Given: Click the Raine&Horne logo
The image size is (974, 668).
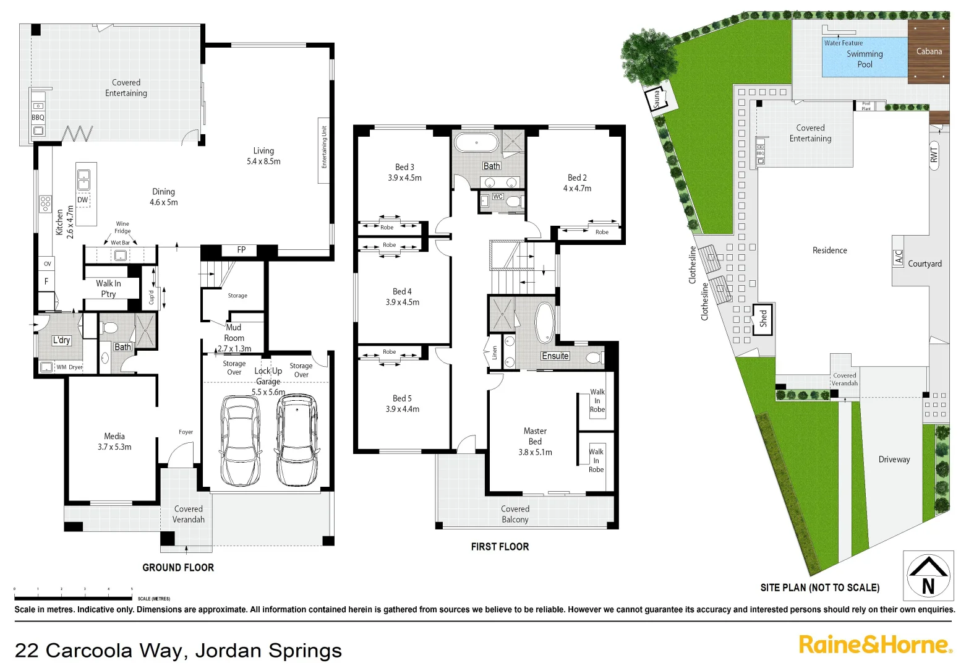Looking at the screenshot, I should click(875, 644).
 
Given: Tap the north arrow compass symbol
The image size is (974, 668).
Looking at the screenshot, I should click(928, 575).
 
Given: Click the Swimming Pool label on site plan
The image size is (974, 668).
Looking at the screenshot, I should click(865, 59).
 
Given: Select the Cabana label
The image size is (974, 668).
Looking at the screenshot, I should click(929, 51).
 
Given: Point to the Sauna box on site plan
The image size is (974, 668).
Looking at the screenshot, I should click(656, 99).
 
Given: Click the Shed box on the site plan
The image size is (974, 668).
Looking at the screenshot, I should click(763, 319).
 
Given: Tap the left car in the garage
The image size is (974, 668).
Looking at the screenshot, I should click(241, 440).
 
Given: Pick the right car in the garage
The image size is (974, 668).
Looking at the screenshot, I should click(297, 440).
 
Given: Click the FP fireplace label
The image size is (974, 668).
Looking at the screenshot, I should click(241, 250).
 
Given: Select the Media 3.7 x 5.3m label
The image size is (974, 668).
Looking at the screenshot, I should click(114, 441).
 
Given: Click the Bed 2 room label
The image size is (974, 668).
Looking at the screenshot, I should click(577, 182).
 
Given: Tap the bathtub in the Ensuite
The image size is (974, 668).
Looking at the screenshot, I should click(545, 322).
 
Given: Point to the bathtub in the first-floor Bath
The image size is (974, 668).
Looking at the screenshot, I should click(476, 143).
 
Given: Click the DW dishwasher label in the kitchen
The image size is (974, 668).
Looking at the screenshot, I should click(83, 200).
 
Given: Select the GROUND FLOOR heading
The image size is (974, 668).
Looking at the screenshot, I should click(178, 567).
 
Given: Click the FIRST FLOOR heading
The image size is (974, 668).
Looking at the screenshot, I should click(500, 546).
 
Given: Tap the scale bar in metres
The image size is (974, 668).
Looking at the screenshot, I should click(73, 598).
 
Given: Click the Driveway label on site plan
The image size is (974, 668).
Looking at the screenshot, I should click(894, 459).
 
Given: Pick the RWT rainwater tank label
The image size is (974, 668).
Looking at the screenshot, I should click(933, 155).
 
